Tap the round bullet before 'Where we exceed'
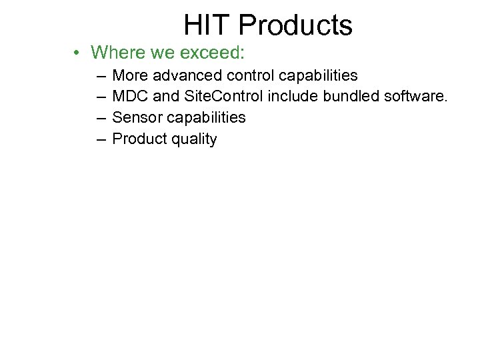[x=78, y=53]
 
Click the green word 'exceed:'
[x=217, y=52]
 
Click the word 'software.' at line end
[x=417, y=97]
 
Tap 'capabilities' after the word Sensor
[x=206, y=118]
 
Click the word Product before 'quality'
[x=139, y=139]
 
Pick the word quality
[x=193, y=139]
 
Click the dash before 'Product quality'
[x=100, y=139]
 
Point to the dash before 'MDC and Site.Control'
[x=100, y=97]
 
